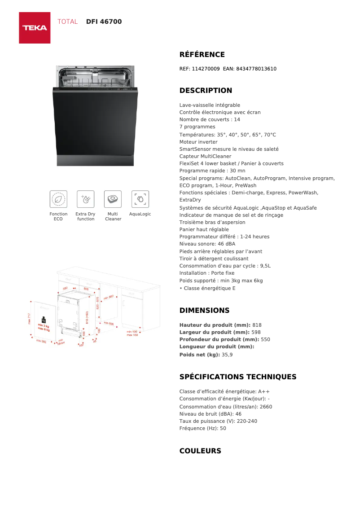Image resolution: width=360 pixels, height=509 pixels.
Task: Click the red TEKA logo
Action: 35,28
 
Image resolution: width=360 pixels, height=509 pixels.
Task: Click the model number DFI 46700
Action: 104,22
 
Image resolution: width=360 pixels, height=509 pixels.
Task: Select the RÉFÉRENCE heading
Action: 202,55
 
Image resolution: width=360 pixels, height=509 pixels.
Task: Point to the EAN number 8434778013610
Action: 256,69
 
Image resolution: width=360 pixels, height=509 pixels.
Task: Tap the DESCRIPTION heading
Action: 206,91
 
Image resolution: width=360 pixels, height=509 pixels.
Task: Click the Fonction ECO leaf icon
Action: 58,199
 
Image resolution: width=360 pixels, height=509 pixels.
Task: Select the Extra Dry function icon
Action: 85,199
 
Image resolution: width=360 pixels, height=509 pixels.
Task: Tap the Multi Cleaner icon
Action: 113,199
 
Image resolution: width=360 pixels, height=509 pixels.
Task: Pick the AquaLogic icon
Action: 140,199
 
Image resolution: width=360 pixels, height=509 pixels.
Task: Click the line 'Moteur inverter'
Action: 198,142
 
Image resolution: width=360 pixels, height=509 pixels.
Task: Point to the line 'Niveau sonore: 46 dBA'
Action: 207,244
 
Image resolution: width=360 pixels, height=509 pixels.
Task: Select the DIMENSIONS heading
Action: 204,311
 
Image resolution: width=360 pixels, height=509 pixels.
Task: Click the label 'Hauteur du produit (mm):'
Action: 215,325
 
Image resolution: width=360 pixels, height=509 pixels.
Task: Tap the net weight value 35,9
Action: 227,355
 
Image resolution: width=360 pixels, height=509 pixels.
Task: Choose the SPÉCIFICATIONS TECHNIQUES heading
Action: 238,377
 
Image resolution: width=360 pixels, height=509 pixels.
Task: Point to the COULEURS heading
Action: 200,451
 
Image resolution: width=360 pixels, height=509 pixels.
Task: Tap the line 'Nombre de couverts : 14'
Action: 210,120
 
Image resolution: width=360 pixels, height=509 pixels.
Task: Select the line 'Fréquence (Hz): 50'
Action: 202,428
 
